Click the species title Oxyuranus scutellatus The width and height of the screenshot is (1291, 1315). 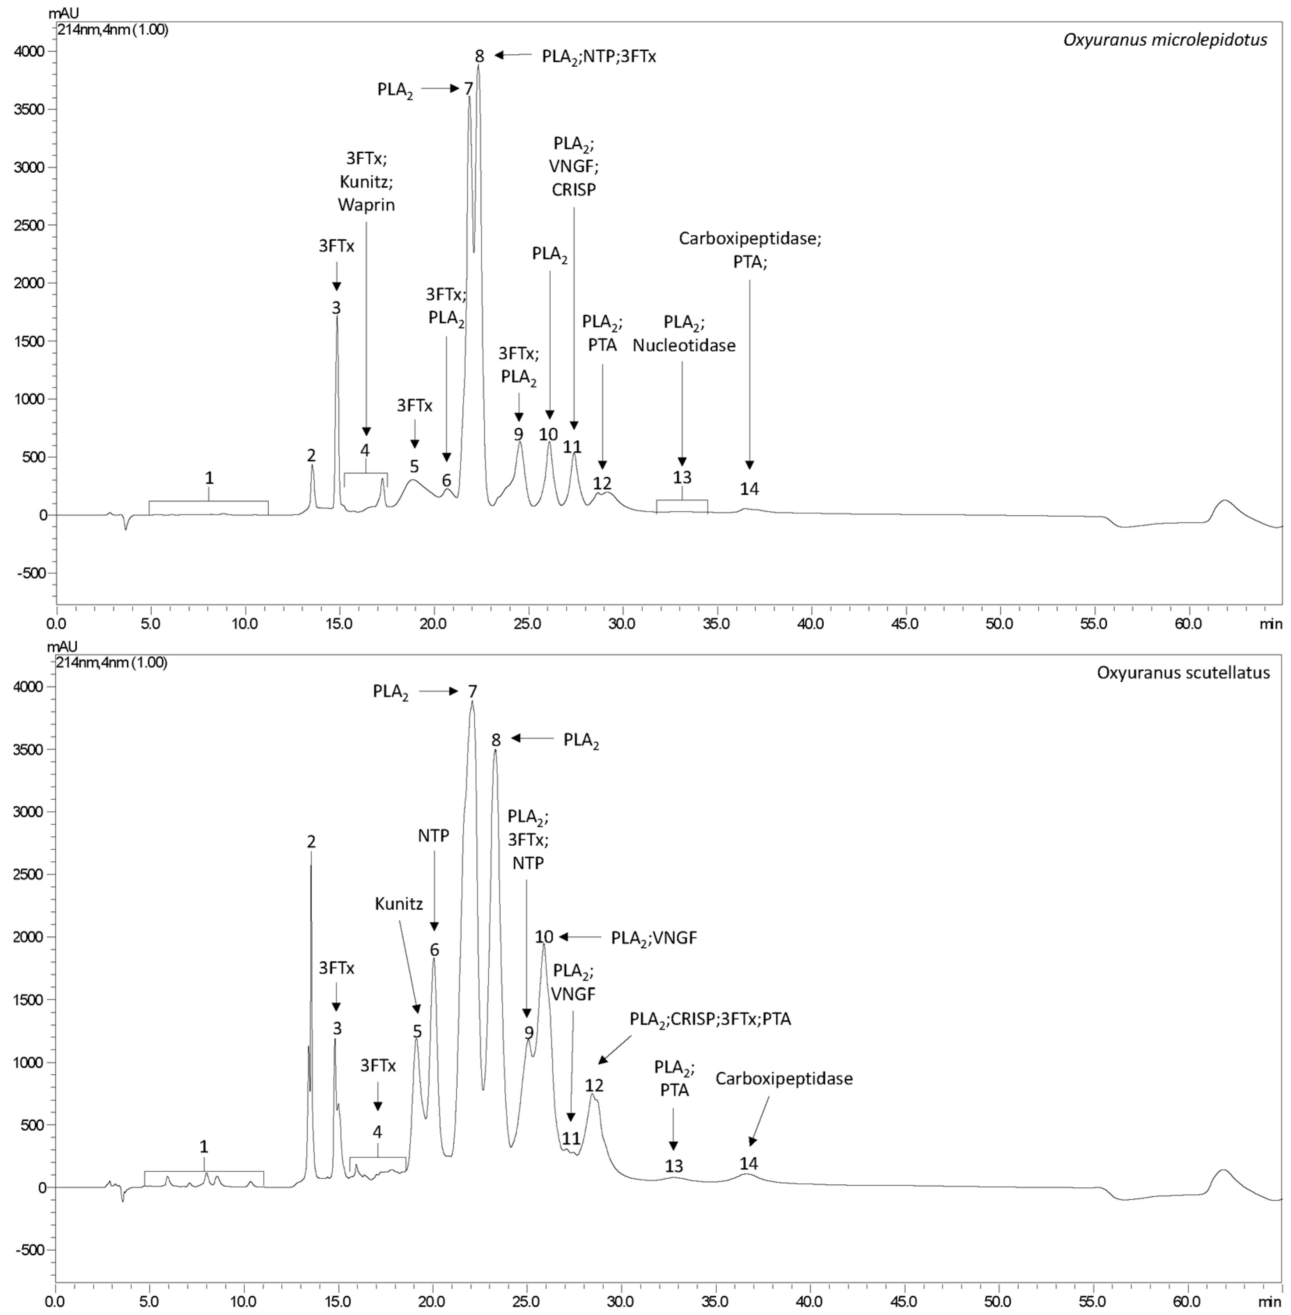coord(1183,673)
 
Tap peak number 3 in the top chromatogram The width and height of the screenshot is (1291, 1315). coord(336,307)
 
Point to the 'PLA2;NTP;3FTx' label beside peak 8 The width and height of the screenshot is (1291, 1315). coord(599,56)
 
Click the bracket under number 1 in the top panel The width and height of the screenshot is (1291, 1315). coord(208,502)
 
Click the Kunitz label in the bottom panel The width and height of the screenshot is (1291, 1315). coord(399,903)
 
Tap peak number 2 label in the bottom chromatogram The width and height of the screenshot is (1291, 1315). coord(311,842)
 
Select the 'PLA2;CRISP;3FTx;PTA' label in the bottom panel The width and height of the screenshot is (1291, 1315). coord(711,1019)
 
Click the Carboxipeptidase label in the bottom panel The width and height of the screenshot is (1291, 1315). coord(784,1078)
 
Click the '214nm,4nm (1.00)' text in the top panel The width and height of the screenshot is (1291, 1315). coord(113,30)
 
